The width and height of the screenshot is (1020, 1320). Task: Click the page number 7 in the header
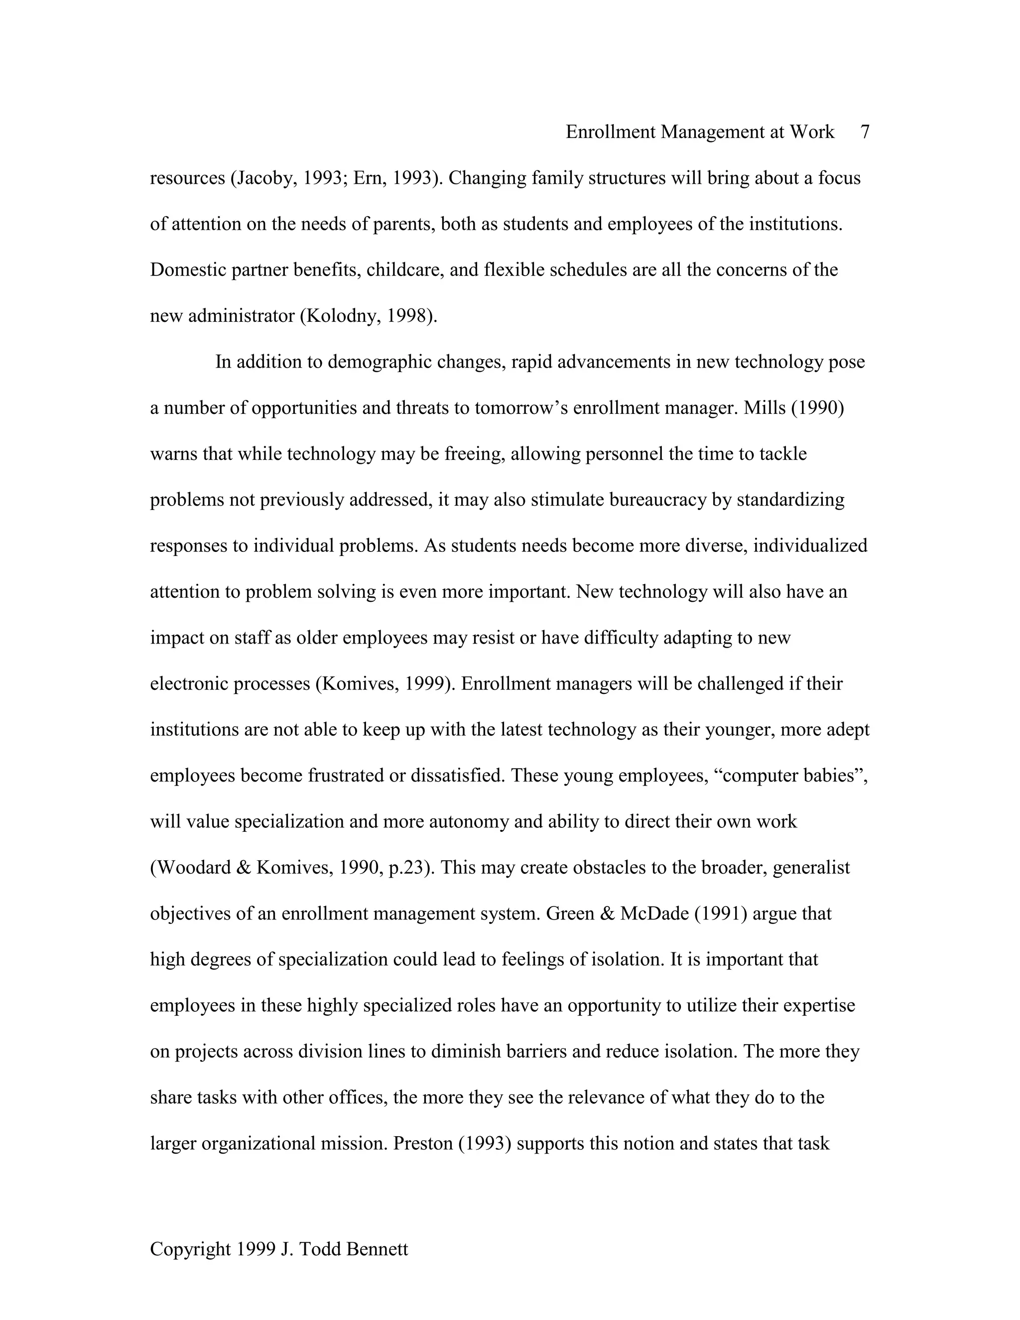pos(865,132)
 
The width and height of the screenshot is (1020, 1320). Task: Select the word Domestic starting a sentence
pos(188,270)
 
